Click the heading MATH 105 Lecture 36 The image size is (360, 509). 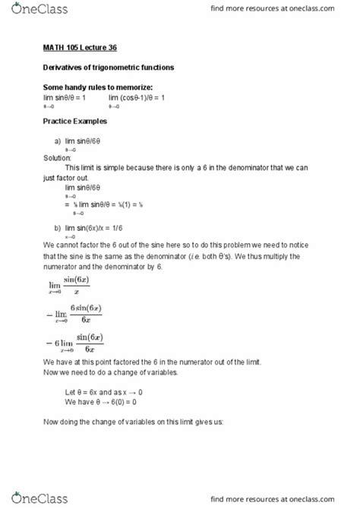pyautogui.click(x=74, y=49)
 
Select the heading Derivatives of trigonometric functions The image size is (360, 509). pyautogui.click(x=108, y=68)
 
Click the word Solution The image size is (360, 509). pyautogui.click(x=58, y=158)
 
